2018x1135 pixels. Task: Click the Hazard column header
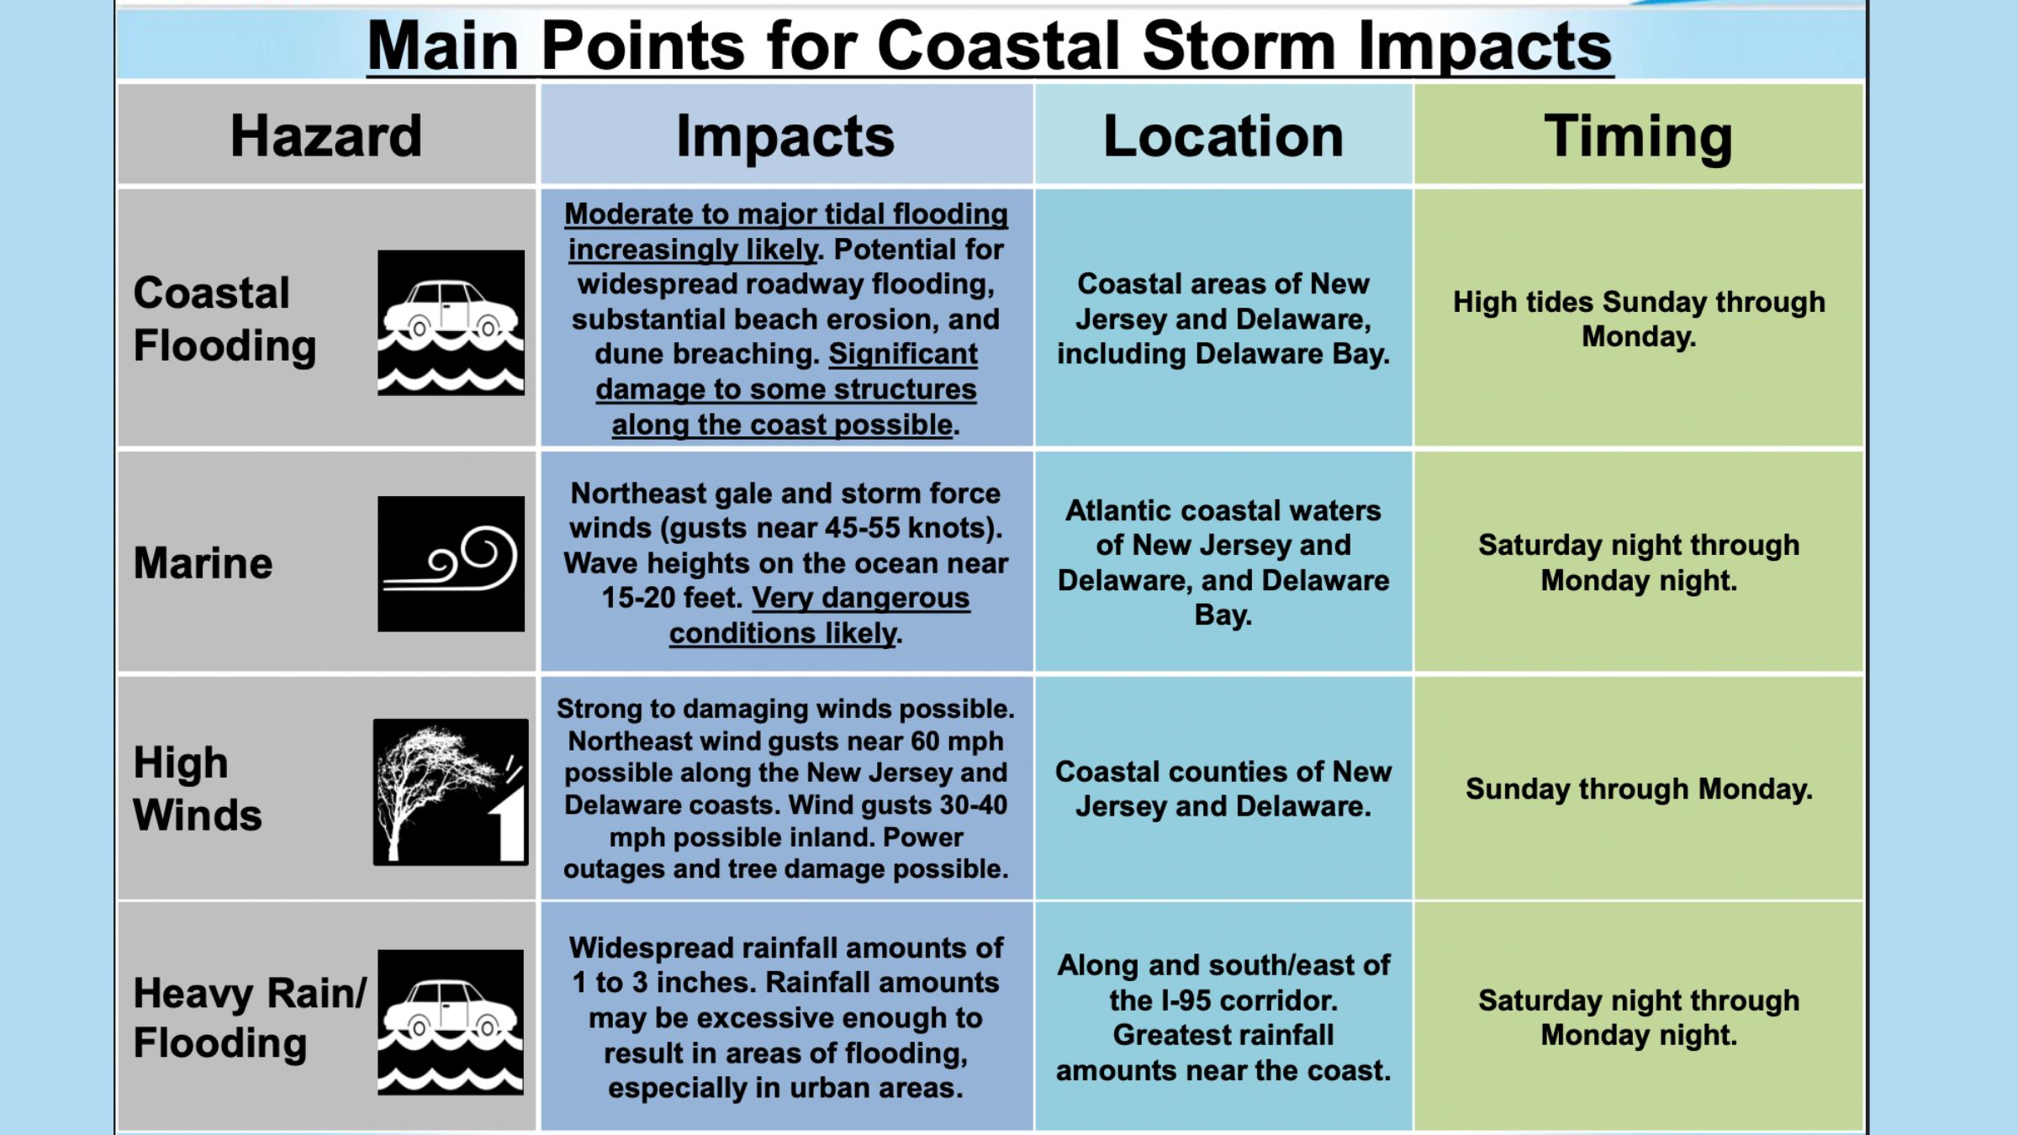[x=326, y=135]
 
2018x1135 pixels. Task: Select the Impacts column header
[x=785, y=137]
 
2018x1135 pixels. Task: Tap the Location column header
[x=1223, y=135]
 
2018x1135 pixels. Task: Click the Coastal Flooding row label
[x=225, y=320]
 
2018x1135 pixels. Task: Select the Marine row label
[x=203, y=562]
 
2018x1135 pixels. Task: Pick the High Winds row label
[x=198, y=789]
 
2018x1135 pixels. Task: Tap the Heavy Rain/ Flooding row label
[x=250, y=1018]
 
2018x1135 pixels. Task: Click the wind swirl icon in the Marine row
[x=451, y=563]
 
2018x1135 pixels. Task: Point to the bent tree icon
[x=451, y=792]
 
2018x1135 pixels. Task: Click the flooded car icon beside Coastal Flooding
[x=451, y=322]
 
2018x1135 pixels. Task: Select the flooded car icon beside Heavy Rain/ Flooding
[x=451, y=1022]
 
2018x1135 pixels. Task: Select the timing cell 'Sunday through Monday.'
[x=1639, y=789]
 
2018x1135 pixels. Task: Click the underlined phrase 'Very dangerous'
[x=861, y=599]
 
